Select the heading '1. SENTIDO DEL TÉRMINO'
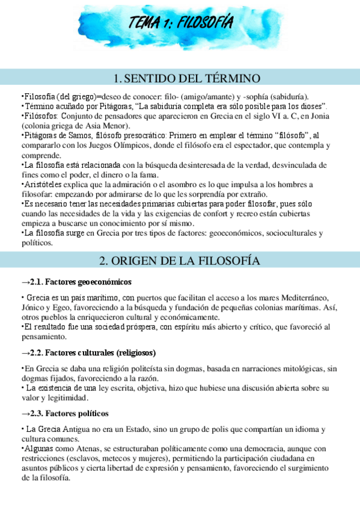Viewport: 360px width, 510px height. pos(186,79)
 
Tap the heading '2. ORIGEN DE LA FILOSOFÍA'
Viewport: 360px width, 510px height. pos(180,260)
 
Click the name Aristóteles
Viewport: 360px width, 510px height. pos(44,184)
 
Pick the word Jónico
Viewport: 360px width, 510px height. pos(34,308)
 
